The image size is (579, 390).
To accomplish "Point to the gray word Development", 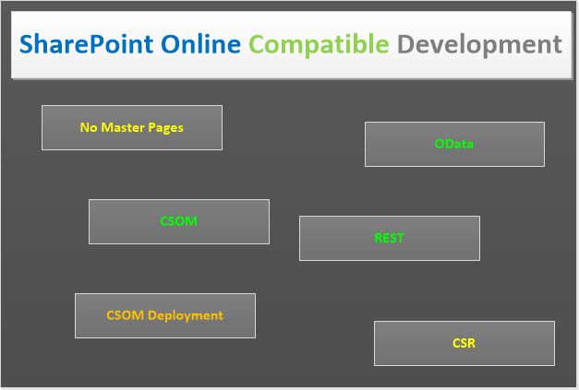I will (479, 44).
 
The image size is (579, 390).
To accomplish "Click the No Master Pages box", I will (132, 127).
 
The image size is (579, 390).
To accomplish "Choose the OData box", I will (454, 144).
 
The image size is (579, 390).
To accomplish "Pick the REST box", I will (389, 238).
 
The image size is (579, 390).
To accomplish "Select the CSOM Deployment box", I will (164, 315).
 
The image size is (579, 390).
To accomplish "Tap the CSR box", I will (464, 343).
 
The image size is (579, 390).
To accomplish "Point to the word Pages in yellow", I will (166, 127).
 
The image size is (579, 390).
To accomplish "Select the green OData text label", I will (454, 144).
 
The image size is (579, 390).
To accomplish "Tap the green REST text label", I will (389, 238).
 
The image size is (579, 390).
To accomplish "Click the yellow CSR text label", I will (464, 343).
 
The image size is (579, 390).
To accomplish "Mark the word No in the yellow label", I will (89, 127).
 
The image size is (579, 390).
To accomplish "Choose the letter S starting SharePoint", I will (29, 43).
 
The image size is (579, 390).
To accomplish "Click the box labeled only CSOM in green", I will (179, 221).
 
